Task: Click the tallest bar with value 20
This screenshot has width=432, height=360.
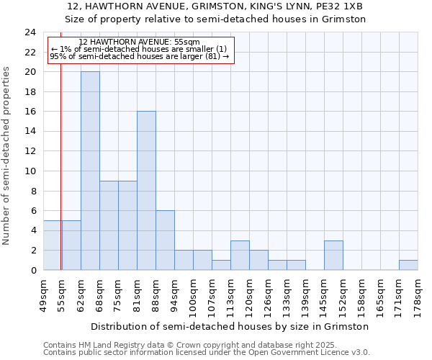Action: [x=90, y=171]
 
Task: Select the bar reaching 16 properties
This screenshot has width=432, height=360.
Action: [x=146, y=191]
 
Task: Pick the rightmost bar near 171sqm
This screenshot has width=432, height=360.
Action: [x=408, y=265]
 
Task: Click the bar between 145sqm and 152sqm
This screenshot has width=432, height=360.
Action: [x=333, y=255]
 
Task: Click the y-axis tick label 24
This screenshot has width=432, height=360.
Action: [x=30, y=32]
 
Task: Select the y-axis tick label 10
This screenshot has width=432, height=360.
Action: [x=30, y=171]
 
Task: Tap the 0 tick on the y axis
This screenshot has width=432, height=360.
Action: [x=33, y=270]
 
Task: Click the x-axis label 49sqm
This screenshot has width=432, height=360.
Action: [x=43, y=293]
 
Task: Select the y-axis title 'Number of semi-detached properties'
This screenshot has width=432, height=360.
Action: [x=7, y=156]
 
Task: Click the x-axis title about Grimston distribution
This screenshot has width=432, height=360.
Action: [x=230, y=326]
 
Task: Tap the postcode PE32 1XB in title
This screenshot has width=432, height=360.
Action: [x=342, y=6]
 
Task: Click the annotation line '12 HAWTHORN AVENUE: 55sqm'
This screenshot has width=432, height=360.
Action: [x=140, y=42]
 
